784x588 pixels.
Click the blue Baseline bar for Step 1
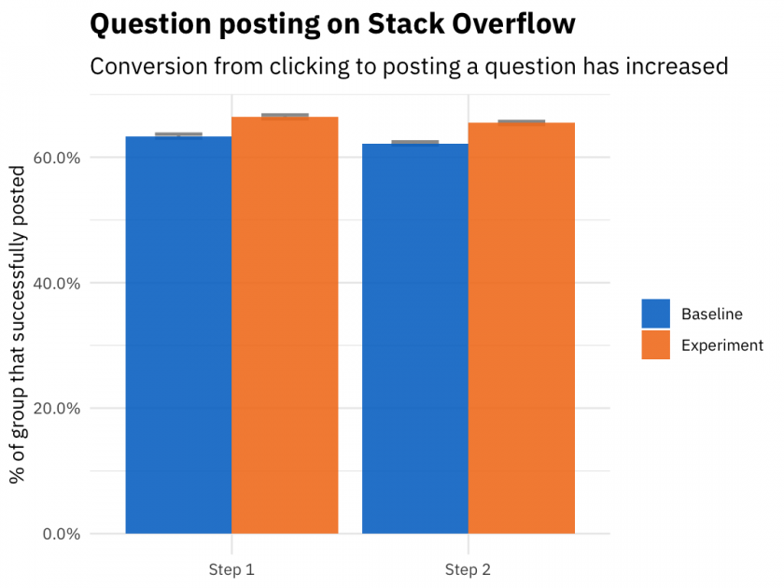click(x=178, y=335)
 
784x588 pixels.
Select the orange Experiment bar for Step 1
click(x=285, y=325)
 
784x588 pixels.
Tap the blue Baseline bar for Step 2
click(x=415, y=339)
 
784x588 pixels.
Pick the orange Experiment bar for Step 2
click(x=522, y=328)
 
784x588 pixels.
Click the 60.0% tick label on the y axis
click(x=57, y=158)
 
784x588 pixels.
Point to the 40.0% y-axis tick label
click(x=57, y=284)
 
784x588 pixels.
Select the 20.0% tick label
click(x=57, y=409)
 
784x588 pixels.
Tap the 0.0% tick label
click(x=62, y=534)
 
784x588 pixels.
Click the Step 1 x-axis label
click(x=231, y=569)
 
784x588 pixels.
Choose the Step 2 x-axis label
click(x=468, y=569)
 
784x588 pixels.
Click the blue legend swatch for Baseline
click(x=655, y=314)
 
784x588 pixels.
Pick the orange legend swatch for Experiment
click(x=655, y=345)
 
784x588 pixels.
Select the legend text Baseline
click(x=712, y=314)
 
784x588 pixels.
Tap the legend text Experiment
click(x=722, y=345)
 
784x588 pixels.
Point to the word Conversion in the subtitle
click(x=148, y=66)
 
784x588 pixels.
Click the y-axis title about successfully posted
click(x=17, y=324)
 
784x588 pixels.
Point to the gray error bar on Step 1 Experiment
click(x=285, y=116)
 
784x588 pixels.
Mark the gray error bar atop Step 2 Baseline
click(x=415, y=143)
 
